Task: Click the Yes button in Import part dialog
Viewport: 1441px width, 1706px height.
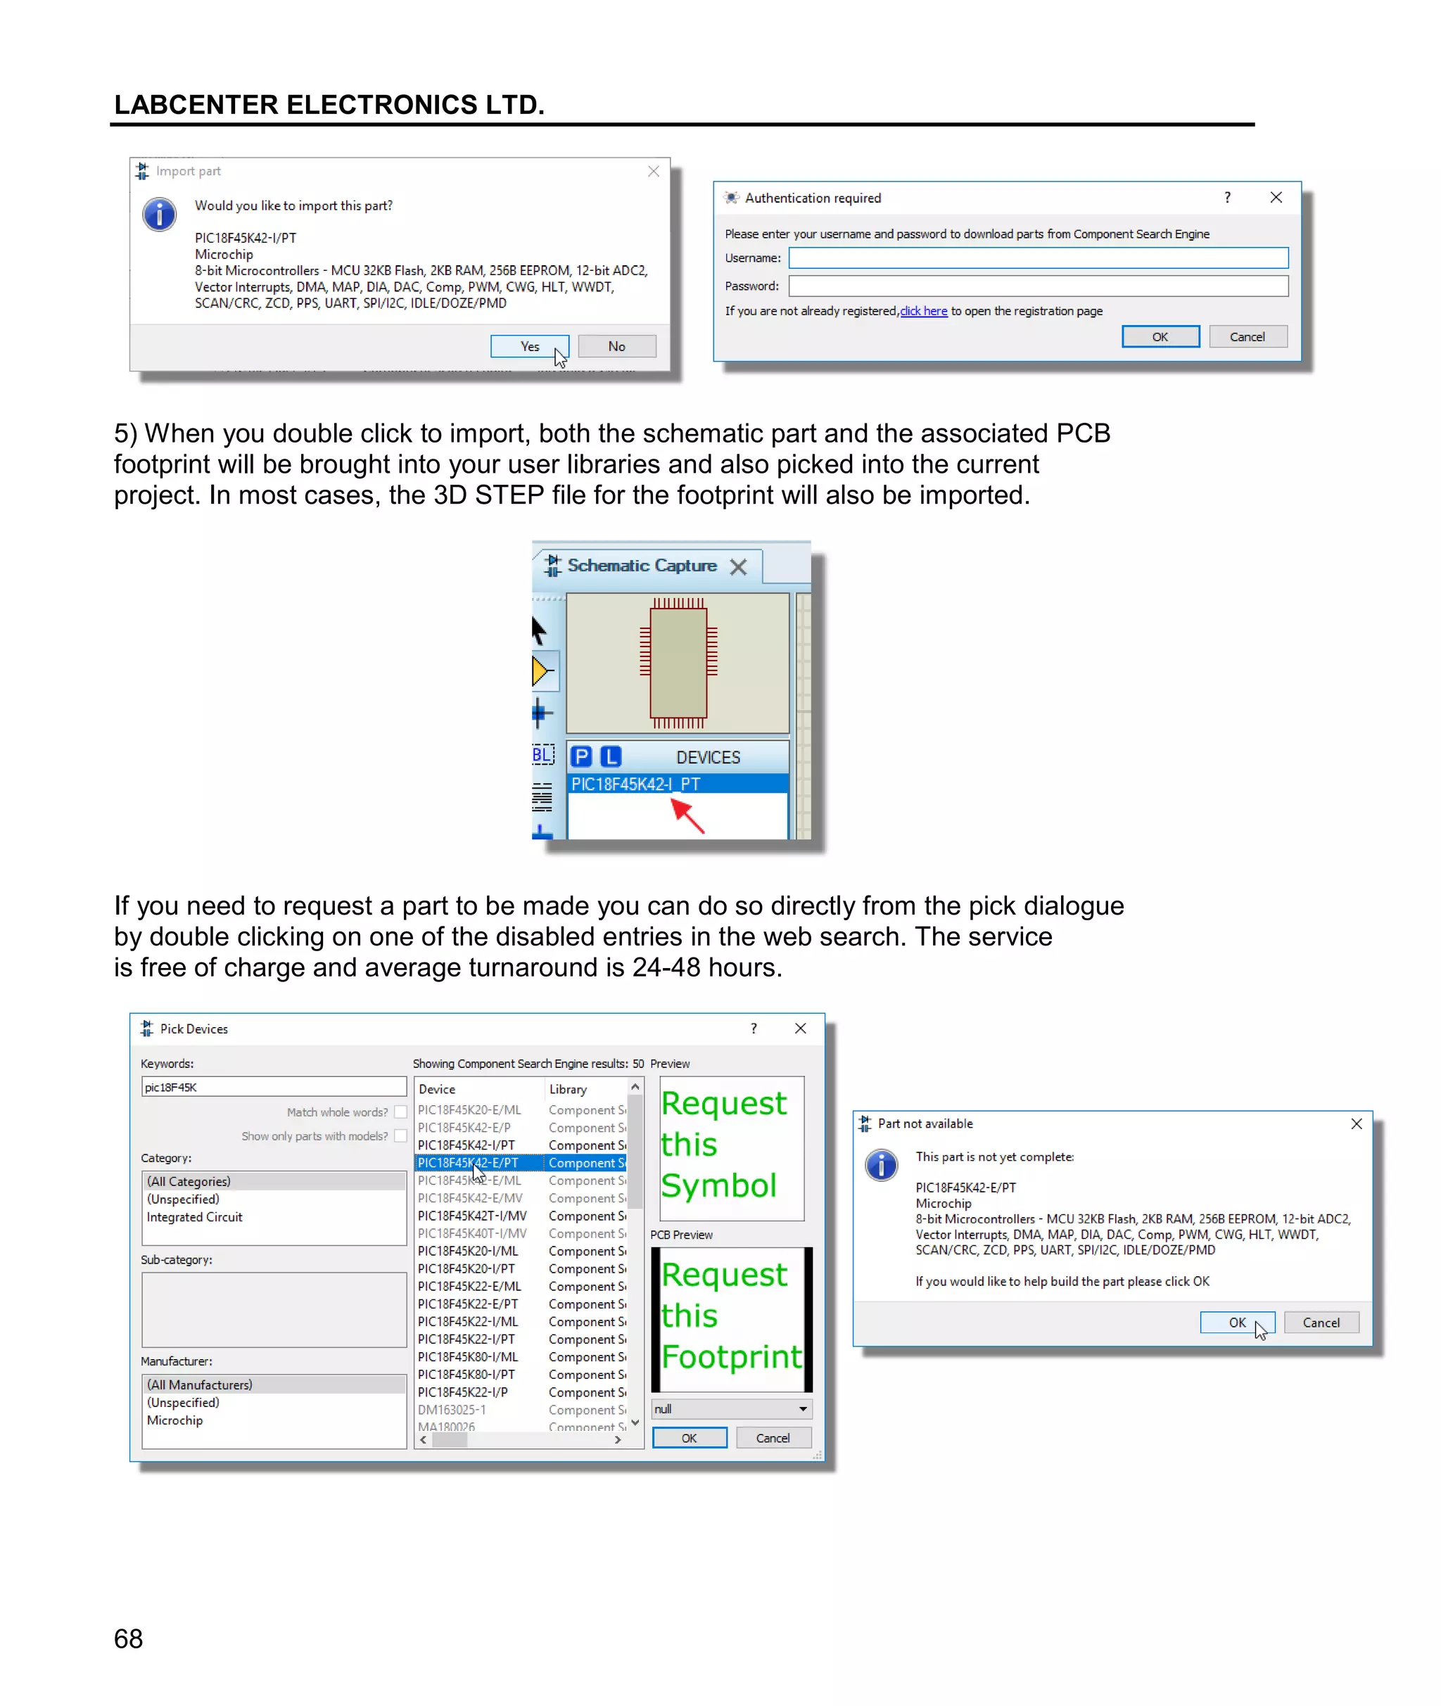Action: [x=529, y=346]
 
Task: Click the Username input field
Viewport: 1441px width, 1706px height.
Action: [x=1037, y=258]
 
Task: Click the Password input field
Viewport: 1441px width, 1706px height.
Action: [x=1037, y=286]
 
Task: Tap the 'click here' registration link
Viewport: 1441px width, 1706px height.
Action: [x=923, y=311]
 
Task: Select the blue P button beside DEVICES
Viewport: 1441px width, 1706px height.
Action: [x=580, y=757]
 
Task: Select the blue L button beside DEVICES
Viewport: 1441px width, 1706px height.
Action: [x=610, y=757]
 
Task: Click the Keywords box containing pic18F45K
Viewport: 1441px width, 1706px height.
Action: [x=273, y=1087]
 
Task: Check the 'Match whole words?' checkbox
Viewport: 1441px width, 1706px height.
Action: [x=400, y=1112]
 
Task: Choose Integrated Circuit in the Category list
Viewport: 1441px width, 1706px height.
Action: [x=194, y=1217]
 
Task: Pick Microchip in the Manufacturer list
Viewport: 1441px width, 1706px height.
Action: [x=174, y=1420]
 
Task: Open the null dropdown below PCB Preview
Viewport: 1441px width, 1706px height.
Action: [x=731, y=1408]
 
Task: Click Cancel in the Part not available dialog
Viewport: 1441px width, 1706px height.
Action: [x=1320, y=1322]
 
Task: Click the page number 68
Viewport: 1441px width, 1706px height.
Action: [x=128, y=1639]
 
